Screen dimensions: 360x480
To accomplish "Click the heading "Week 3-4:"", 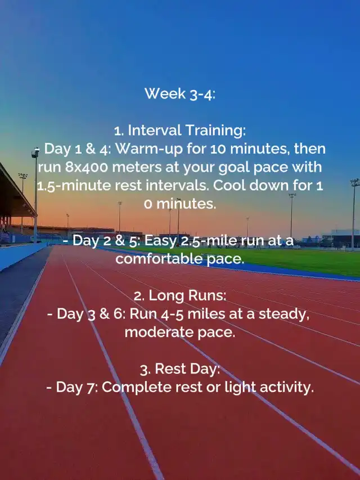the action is (x=180, y=93).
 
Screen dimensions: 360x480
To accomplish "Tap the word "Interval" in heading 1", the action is (x=155, y=131).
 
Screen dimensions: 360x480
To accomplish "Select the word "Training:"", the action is (x=215, y=131).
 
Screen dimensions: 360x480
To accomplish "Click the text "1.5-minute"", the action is (x=74, y=186).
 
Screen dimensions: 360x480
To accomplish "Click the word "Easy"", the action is (x=160, y=241).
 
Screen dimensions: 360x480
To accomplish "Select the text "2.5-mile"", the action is (x=206, y=241).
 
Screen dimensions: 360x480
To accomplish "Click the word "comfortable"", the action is (x=159, y=259).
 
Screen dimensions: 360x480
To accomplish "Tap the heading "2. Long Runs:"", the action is (x=180, y=296).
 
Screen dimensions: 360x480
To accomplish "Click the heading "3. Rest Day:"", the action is (x=180, y=370).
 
